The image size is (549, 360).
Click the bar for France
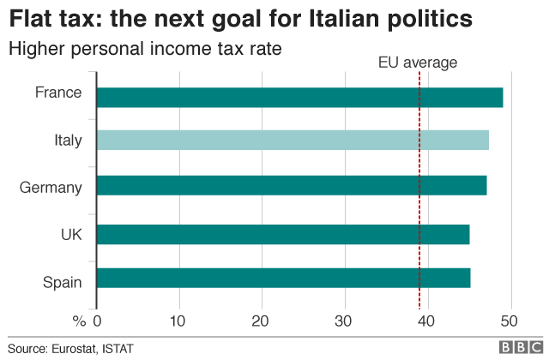point(299,98)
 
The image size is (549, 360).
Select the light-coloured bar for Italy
point(293,140)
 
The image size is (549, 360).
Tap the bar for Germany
point(292,185)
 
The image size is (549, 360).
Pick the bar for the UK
point(283,234)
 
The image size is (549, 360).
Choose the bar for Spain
point(283,279)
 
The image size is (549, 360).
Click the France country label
point(58,93)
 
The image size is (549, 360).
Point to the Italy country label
point(66,140)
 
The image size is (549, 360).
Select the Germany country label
point(51,188)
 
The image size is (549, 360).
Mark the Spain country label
point(62,281)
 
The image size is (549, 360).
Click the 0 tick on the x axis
point(97,321)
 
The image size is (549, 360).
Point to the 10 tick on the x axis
point(179,321)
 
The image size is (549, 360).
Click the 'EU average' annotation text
point(418,63)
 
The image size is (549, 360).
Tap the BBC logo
point(517,347)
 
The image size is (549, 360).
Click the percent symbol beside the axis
point(80,321)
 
